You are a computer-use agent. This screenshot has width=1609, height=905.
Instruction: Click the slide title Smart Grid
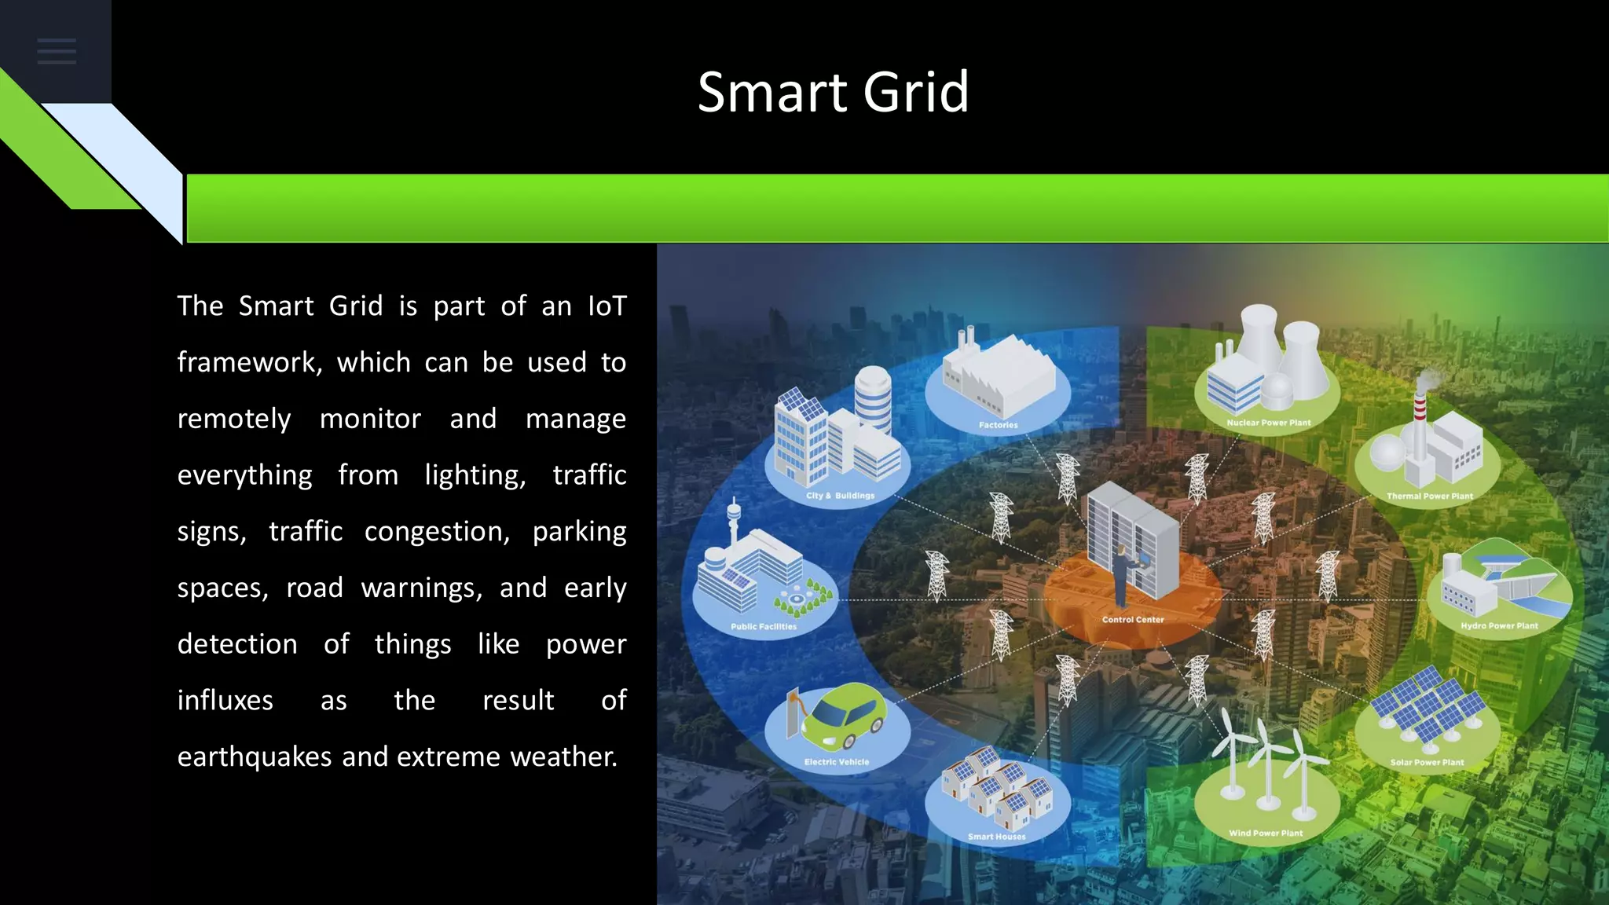[833, 92]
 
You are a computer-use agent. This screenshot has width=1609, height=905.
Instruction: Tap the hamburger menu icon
[57, 52]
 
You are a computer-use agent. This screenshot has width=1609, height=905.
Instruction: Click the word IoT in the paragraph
[607, 306]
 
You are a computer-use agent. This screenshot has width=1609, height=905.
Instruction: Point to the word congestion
[437, 532]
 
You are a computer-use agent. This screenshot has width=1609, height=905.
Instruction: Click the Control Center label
[1132, 620]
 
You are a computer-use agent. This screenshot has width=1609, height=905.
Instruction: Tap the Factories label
[998, 425]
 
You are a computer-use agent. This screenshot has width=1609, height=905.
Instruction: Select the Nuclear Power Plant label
[1268, 423]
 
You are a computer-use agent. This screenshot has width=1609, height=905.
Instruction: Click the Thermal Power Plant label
[1429, 496]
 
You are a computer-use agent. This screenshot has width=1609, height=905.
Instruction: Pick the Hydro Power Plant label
[1499, 626]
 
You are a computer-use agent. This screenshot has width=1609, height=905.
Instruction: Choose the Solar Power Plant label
[1427, 762]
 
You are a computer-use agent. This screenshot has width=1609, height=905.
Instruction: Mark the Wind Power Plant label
[1265, 834]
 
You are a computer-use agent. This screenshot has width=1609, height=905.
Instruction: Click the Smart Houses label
[996, 837]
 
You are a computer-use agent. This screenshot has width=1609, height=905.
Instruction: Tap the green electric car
[844, 716]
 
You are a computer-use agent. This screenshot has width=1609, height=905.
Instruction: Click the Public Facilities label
[763, 627]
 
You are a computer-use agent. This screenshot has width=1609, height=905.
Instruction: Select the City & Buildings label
[839, 496]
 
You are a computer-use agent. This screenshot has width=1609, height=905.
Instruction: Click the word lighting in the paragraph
[475, 475]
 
